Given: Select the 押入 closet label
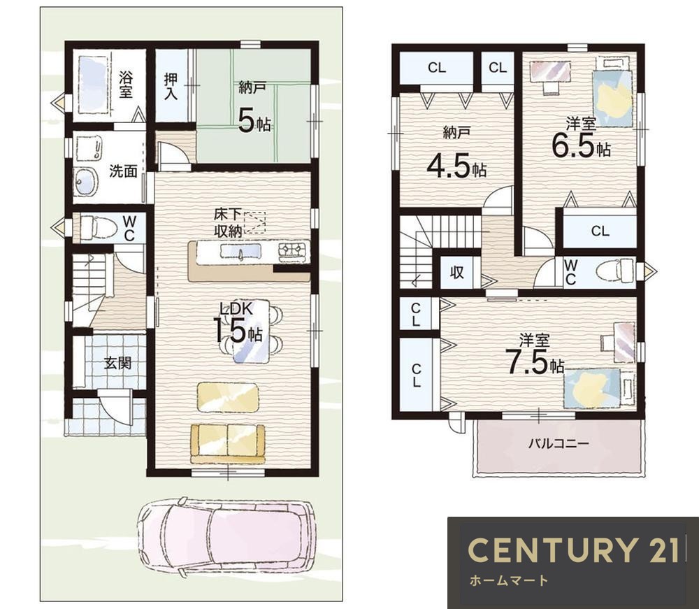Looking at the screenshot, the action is pyautogui.click(x=171, y=86).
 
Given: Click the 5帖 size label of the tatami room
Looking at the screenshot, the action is pyautogui.click(x=254, y=121).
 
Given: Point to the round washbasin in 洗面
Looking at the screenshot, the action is pyautogui.click(x=86, y=182).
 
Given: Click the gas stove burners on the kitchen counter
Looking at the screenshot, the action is pyautogui.click(x=294, y=251).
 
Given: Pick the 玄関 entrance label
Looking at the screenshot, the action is pyautogui.click(x=117, y=363).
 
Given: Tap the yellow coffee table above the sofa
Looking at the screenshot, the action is pyautogui.click(x=228, y=396).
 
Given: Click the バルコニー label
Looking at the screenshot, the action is pyautogui.click(x=559, y=443).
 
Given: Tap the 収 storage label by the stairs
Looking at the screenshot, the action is pyautogui.click(x=457, y=272).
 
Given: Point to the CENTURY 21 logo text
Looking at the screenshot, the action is pyautogui.click(x=573, y=550).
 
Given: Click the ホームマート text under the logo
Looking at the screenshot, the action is pyautogui.click(x=508, y=580).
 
